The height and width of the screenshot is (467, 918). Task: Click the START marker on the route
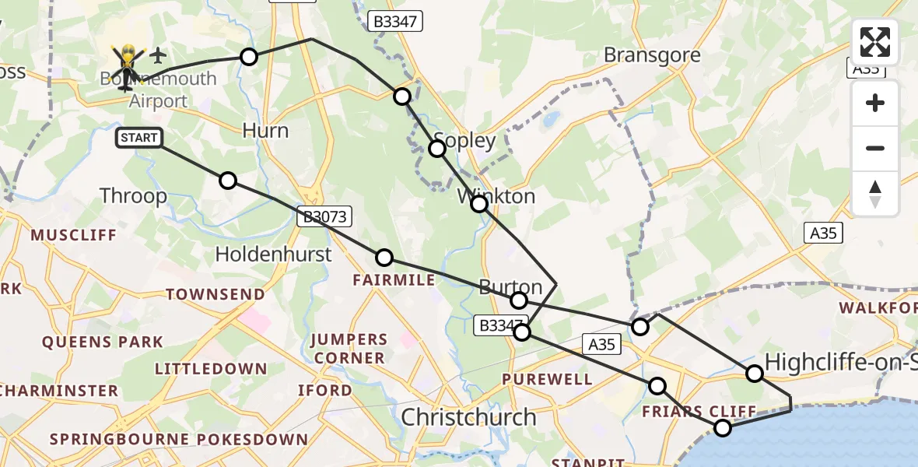pos(139,138)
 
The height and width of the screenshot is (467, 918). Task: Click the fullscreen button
pos(875,42)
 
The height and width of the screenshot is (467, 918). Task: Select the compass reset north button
pos(875,194)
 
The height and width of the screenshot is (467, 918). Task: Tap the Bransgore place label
pos(652,55)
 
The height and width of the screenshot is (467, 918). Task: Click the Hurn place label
pos(265,131)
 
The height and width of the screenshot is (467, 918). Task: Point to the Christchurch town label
pos(468,416)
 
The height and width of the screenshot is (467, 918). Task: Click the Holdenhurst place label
pos(273,254)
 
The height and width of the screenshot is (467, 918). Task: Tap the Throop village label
pos(133,195)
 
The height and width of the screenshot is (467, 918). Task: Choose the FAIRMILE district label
pos(395,280)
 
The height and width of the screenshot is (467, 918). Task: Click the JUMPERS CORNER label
pos(349,349)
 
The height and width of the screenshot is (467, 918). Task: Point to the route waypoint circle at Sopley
pos(437,148)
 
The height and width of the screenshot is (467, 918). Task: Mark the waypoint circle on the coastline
pos(723,427)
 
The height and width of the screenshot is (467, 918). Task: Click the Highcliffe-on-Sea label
pos(840,362)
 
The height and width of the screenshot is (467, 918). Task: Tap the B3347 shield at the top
pos(397,22)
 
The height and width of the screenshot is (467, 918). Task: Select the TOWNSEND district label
pos(215,294)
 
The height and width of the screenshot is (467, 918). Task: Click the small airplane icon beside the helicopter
pos(159,55)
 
